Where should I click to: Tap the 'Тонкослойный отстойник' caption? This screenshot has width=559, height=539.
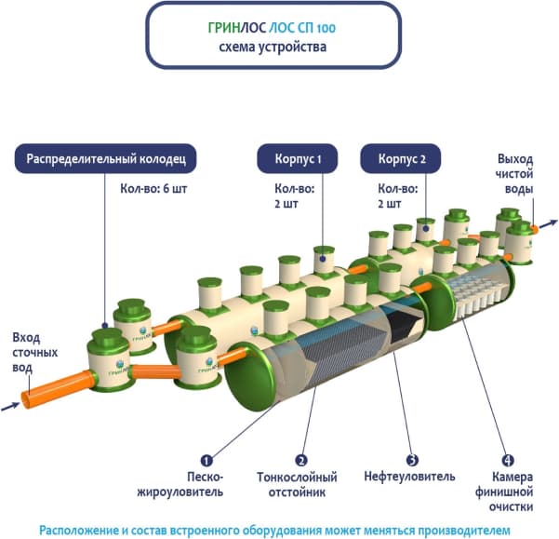click(300, 484)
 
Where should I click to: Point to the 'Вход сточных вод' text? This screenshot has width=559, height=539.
click(34, 353)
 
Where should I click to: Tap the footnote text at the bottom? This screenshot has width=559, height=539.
click(279, 529)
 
